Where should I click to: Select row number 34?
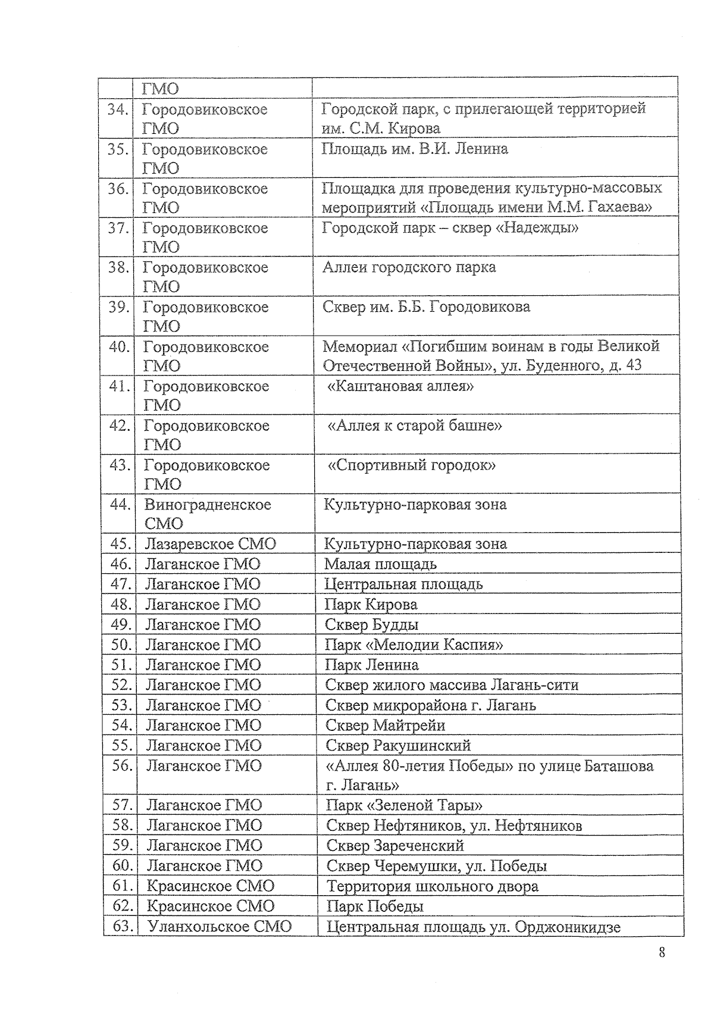pos(117,110)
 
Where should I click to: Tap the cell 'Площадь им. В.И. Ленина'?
pos(415,149)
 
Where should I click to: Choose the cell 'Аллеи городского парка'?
pos(409,267)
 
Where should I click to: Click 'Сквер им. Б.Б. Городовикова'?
pos(426,307)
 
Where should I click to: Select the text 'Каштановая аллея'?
pos(401,386)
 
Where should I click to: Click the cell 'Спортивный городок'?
pos(412,465)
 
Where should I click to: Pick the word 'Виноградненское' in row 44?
pos(208,505)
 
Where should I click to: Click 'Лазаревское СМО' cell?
pos(211,544)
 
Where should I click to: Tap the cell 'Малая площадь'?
pos(380,564)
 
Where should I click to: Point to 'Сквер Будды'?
pos(371,625)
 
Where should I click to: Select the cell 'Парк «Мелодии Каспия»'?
pos(414,645)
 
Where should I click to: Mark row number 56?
pos(121,766)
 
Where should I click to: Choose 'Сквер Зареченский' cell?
pos(395,846)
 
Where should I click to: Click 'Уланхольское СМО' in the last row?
pos(220,927)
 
